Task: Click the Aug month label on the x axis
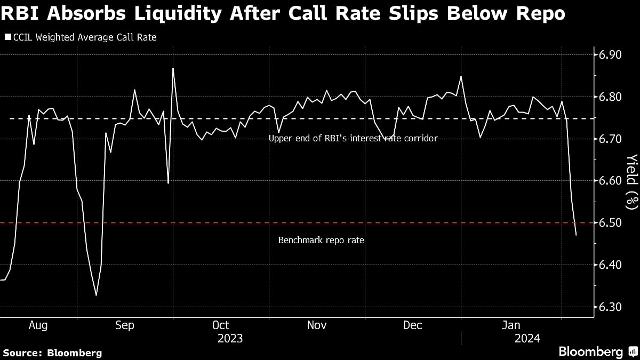point(38,325)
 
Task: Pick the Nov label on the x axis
point(317,325)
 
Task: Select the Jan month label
point(511,325)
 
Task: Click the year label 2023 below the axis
point(230,339)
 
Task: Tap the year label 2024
point(527,339)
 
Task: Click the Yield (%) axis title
point(631,180)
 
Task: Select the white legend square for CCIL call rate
point(7,37)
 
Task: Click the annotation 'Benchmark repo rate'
point(321,241)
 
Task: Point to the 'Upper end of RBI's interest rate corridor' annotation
point(353,139)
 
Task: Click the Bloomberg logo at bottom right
point(590,352)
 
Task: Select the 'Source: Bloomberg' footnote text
point(52,353)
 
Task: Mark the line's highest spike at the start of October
point(173,68)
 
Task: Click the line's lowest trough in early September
point(96,295)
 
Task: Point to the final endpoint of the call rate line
point(576,235)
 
